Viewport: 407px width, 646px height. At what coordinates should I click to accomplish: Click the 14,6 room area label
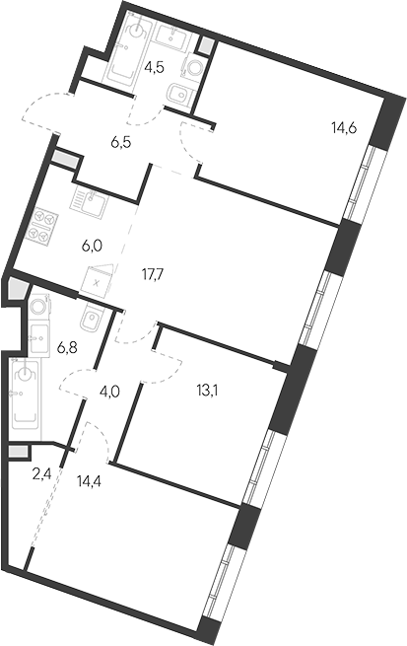pyautogui.click(x=344, y=128)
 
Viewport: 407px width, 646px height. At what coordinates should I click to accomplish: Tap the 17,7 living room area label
pyautogui.click(x=153, y=274)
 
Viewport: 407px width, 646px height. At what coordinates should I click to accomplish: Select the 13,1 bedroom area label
pyautogui.click(x=207, y=390)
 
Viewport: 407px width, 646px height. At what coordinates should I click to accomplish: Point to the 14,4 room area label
pyautogui.click(x=89, y=480)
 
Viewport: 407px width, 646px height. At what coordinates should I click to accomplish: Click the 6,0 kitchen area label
pyautogui.click(x=93, y=246)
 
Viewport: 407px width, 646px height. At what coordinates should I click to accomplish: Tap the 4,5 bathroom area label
pyautogui.click(x=155, y=67)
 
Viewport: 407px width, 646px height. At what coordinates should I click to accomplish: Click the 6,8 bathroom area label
pyautogui.click(x=67, y=349)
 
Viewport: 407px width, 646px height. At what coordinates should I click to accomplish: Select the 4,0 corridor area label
pyautogui.click(x=109, y=391)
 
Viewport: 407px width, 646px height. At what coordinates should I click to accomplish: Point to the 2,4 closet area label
pyautogui.click(x=41, y=475)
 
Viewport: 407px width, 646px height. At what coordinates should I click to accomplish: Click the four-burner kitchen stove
pyautogui.click(x=43, y=225)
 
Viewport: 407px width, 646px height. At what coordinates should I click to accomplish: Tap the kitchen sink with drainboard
pyautogui.click(x=91, y=199)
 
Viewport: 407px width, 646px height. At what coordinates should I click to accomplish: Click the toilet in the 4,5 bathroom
pyautogui.click(x=180, y=95)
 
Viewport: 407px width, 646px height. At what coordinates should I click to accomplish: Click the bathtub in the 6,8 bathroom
pyautogui.click(x=26, y=395)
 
